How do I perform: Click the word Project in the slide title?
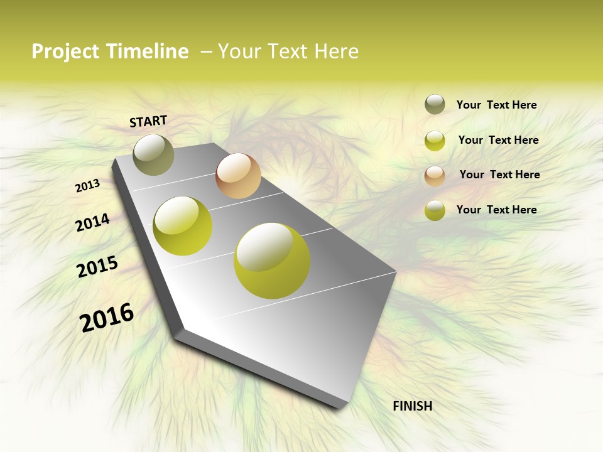coord(65,51)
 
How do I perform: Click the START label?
coord(148,121)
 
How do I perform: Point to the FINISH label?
coord(412,406)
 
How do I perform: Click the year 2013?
coord(87,186)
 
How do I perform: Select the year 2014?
coord(92,223)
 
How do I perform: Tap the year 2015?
coord(97,267)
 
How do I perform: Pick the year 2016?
coord(107,317)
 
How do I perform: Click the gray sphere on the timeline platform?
coord(153,154)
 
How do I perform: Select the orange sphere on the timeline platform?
coord(238,176)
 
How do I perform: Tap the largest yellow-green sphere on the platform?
coord(272,261)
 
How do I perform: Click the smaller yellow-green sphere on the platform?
coord(182,226)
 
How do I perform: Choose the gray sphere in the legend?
coord(435,105)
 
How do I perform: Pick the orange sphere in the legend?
coord(435,175)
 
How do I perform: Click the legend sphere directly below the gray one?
coord(435,141)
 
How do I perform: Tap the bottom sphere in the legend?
coord(435,210)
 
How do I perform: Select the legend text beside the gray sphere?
coord(496,105)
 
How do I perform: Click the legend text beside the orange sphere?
coord(499,175)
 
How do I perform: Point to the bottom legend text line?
coord(496,210)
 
